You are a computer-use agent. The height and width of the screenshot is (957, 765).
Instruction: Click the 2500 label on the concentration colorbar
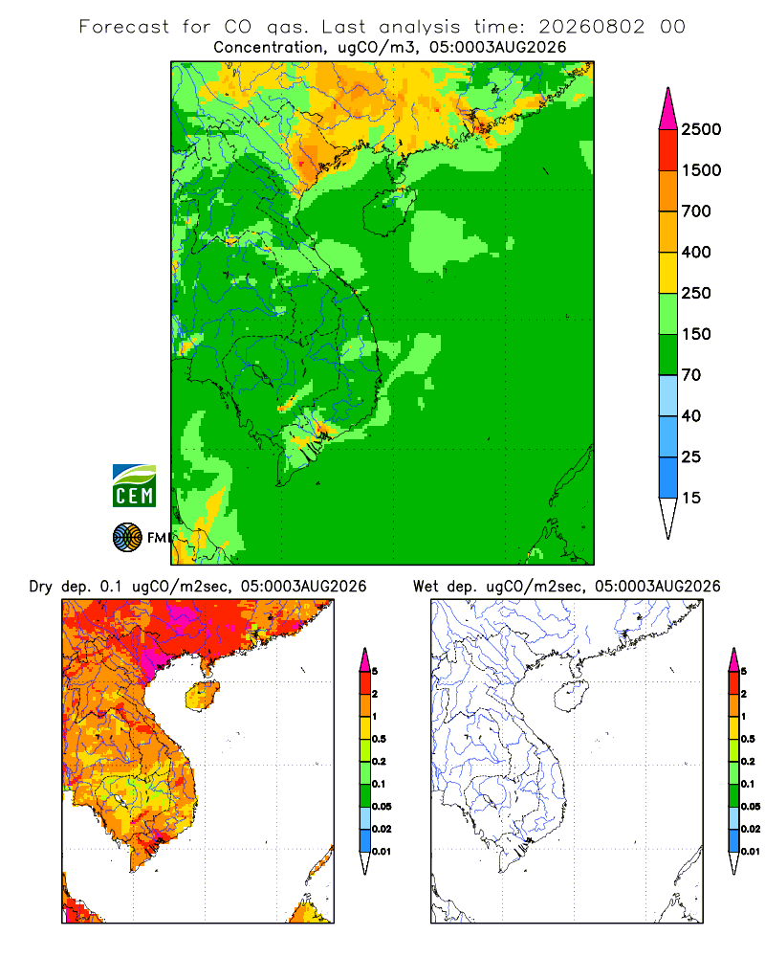click(701, 129)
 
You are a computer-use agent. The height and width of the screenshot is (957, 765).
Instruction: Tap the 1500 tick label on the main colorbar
click(701, 170)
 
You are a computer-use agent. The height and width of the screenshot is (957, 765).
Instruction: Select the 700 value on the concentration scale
click(696, 211)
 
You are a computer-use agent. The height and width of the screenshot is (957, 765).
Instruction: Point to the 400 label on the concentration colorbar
click(696, 252)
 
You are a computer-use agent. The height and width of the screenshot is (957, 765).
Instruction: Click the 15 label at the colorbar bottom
click(691, 498)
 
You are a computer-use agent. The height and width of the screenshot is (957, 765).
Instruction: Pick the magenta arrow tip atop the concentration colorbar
click(668, 109)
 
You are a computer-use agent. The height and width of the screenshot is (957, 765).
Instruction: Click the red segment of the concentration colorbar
click(668, 149)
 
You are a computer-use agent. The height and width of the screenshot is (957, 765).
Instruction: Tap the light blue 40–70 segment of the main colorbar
click(668, 395)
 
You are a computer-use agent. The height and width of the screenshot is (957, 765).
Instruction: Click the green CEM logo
click(134, 486)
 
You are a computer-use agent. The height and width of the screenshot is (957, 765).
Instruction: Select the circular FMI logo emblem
click(127, 538)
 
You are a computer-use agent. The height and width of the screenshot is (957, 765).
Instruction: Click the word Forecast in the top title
click(124, 27)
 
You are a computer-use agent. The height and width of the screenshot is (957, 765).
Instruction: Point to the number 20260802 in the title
click(591, 27)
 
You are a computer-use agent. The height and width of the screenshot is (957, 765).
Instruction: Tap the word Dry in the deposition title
click(40, 587)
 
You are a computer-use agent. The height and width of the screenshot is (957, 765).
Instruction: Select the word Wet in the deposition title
click(426, 587)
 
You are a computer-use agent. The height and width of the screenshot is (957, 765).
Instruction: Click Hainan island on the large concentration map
click(388, 211)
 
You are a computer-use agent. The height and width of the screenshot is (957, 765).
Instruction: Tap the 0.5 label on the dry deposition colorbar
click(379, 739)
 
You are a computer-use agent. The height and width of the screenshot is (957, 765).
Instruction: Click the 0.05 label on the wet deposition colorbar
click(751, 806)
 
